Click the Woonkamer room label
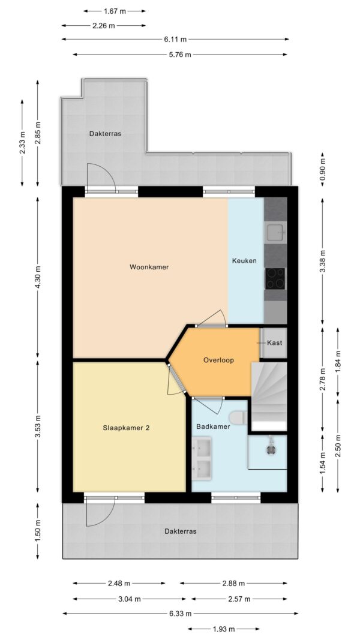(x=149, y=267)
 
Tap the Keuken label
(x=244, y=260)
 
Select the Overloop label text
(x=218, y=360)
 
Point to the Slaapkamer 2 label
(x=126, y=428)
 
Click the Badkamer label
(x=213, y=426)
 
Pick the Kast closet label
(x=274, y=343)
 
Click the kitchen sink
(x=277, y=233)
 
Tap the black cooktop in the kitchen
(x=275, y=278)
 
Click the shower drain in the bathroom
(x=270, y=449)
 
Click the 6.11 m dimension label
(x=175, y=39)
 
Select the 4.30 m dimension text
(x=38, y=277)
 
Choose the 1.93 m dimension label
(x=224, y=629)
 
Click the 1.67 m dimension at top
(x=114, y=11)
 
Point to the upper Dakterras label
(x=106, y=134)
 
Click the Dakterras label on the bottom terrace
(x=181, y=531)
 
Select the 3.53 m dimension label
(x=38, y=426)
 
